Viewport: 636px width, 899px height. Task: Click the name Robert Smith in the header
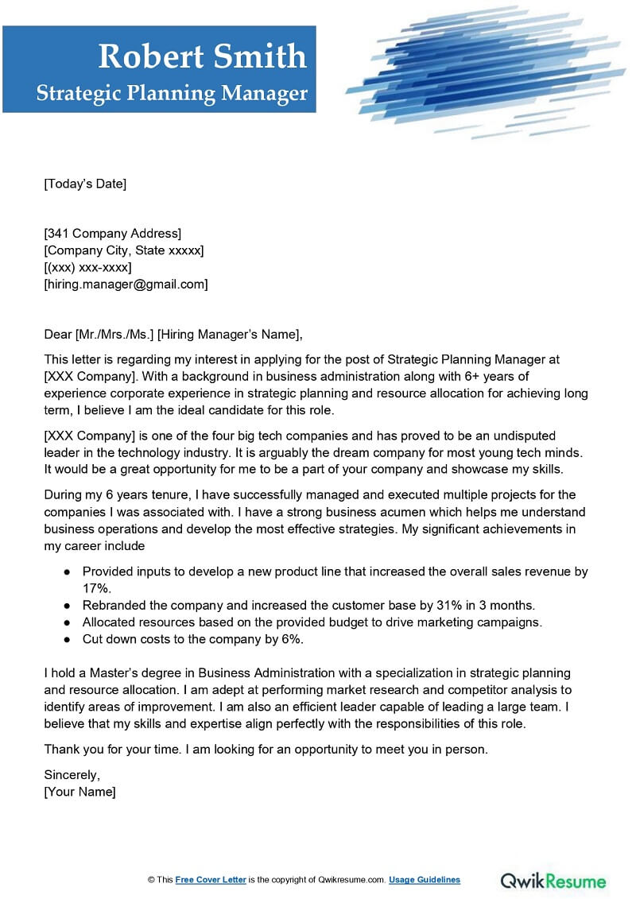202,56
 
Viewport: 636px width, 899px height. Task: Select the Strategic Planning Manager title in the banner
172,94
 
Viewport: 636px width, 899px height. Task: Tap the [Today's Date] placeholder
85,184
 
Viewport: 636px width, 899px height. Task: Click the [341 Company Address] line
112,233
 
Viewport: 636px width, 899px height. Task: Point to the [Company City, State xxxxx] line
123,250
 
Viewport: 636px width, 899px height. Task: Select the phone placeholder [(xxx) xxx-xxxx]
87,267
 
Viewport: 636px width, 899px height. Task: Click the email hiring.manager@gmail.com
126,284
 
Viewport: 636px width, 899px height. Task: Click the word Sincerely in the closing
72,775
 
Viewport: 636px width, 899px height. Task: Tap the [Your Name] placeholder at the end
79,792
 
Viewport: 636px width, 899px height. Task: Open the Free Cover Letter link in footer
211,880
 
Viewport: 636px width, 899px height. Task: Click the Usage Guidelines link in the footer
425,880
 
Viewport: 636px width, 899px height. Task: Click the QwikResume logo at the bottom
553,880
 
